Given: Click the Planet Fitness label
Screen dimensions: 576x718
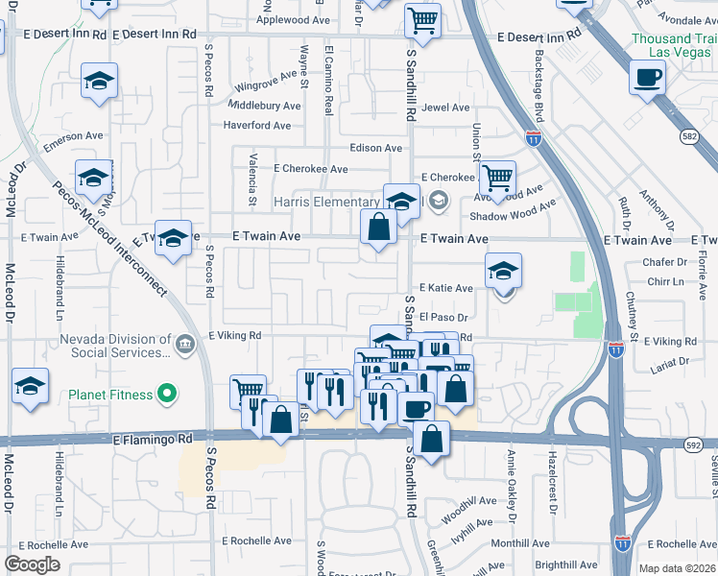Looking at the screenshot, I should click(110, 394).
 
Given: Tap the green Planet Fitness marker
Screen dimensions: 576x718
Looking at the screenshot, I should click(168, 394).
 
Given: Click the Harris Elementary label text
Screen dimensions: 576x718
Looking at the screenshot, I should click(326, 202).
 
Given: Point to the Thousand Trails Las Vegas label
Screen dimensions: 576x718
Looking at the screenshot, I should click(674, 45).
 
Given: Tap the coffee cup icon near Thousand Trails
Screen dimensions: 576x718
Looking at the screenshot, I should click(647, 77).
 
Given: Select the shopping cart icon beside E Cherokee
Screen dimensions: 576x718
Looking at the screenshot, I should click(496, 178).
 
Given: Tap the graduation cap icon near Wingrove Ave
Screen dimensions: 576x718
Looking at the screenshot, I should click(99, 82).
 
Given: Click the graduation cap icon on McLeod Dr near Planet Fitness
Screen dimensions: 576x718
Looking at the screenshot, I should click(30, 386).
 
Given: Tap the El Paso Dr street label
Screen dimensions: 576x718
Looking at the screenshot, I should click(443, 318).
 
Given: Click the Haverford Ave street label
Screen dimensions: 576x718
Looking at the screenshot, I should click(256, 126).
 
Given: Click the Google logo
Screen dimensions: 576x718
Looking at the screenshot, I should click(33, 564).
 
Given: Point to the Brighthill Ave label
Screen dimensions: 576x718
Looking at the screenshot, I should click(566, 565).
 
